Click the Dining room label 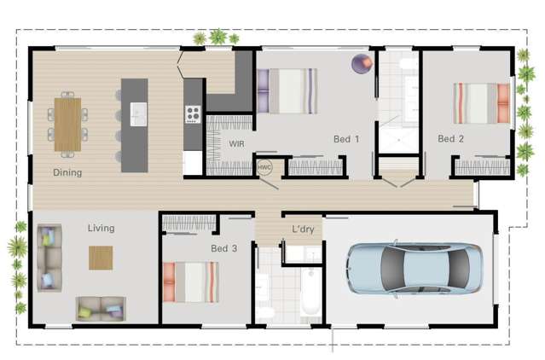pos(67,172)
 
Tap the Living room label pos(101,229)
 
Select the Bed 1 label pos(346,138)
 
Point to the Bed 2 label pos(450,138)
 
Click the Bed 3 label pos(223,248)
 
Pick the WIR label pos(236,144)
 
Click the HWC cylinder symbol pos(264,168)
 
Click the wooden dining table pos(67,125)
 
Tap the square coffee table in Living pos(101,258)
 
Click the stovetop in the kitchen pos(193,113)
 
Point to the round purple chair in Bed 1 pos(362,63)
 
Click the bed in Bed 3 pos(191,282)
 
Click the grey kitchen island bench pos(134,125)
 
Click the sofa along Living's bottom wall pos(101,309)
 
